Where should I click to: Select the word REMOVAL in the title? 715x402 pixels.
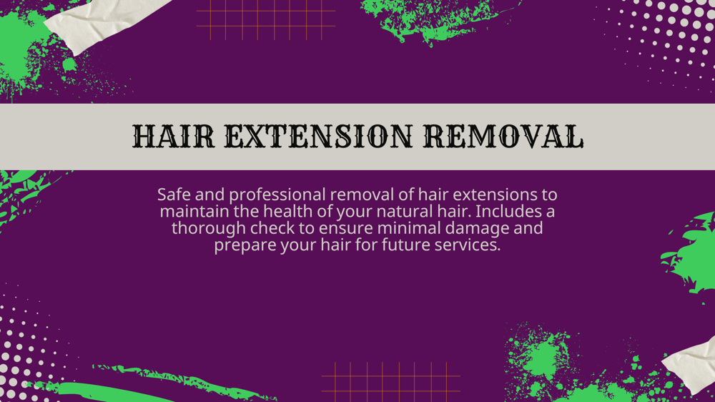503,137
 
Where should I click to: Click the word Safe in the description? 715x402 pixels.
174,195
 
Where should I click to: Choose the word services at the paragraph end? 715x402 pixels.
468,245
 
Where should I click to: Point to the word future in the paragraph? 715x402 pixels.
404,245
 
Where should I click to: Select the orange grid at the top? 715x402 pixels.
266,19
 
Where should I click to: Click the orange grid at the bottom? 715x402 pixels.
390,381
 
